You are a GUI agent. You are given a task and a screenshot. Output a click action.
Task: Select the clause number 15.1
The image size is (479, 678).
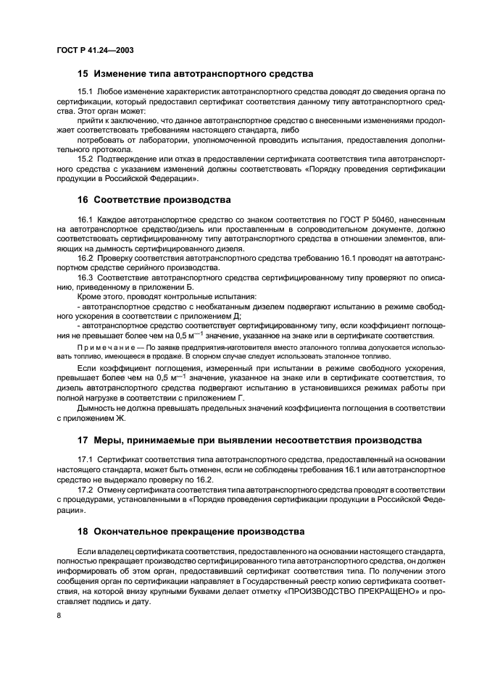click(86, 91)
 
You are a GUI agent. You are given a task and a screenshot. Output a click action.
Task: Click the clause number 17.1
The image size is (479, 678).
click(86, 459)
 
